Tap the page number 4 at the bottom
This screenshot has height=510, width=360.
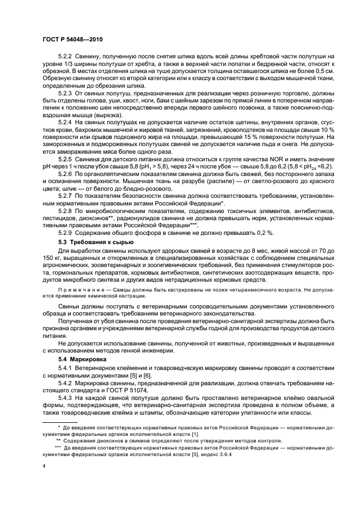(44, 466)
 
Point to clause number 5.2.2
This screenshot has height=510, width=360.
(65, 57)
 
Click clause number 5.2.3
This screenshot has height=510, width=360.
(65, 93)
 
